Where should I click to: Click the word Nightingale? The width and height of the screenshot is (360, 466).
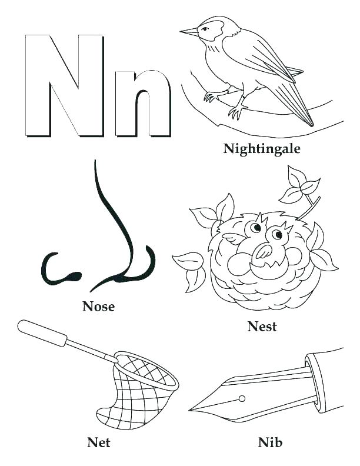261,148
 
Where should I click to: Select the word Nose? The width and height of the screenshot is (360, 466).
98,306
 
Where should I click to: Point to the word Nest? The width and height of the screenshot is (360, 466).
262,327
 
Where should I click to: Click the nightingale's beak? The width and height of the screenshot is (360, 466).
189,31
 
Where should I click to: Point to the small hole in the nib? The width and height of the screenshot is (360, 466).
242,398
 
